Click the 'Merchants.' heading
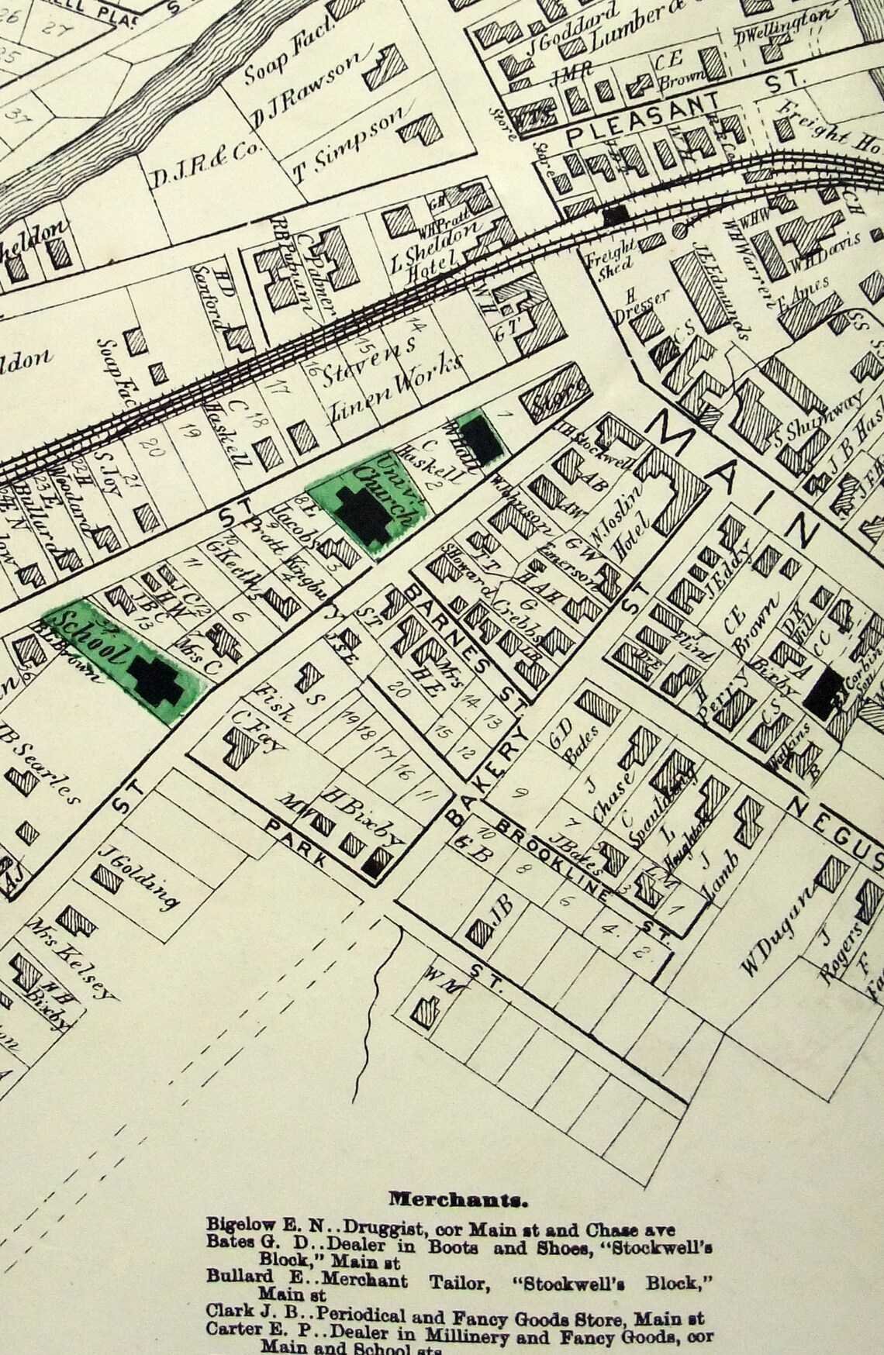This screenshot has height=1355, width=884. pyautogui.click(x=458, y=1200)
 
